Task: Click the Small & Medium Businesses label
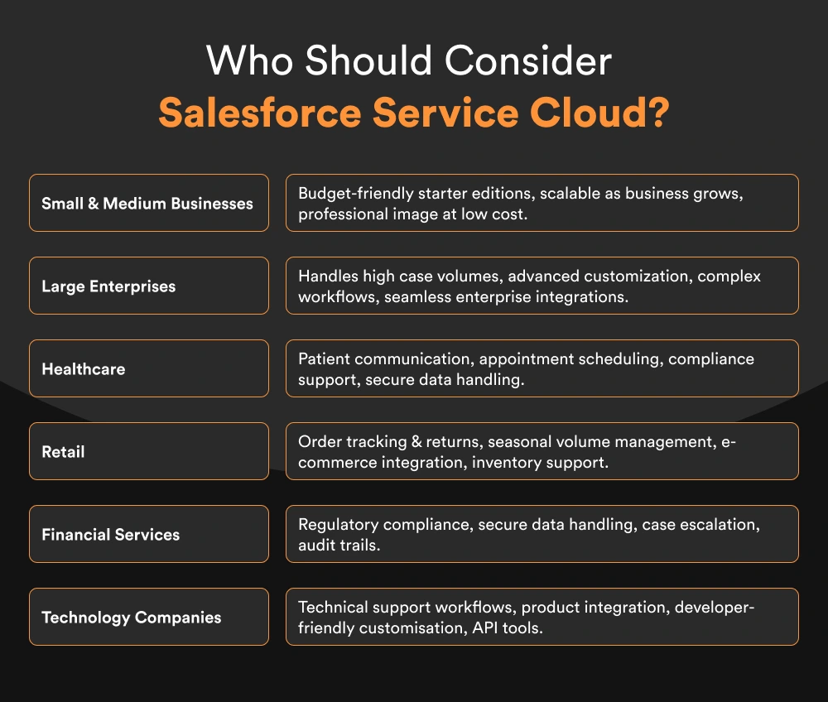coord(147,203)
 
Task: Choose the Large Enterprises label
coord(108,286)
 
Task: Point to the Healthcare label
coord(84,368)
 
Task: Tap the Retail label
coord(64,451)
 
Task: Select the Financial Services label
coord(111,534)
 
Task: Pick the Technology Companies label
coord(132,617)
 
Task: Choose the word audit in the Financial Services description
coord(315,545)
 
